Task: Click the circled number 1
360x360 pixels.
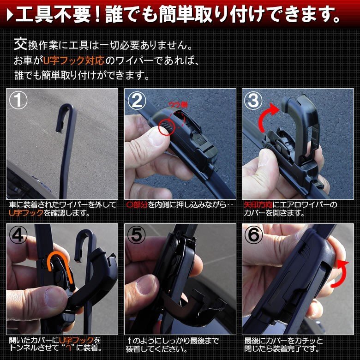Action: point(18,100)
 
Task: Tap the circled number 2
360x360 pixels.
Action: point(137,100)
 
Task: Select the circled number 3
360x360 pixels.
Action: point(253,100)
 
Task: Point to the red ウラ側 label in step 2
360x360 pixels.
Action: point(178,105)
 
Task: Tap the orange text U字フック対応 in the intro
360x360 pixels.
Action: point(74,61)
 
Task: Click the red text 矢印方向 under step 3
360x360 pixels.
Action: point(258,204)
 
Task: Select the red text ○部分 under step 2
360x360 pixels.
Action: point(137,204)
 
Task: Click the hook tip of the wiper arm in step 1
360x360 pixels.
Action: point(59,130)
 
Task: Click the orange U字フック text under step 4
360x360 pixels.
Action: point(77,340)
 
